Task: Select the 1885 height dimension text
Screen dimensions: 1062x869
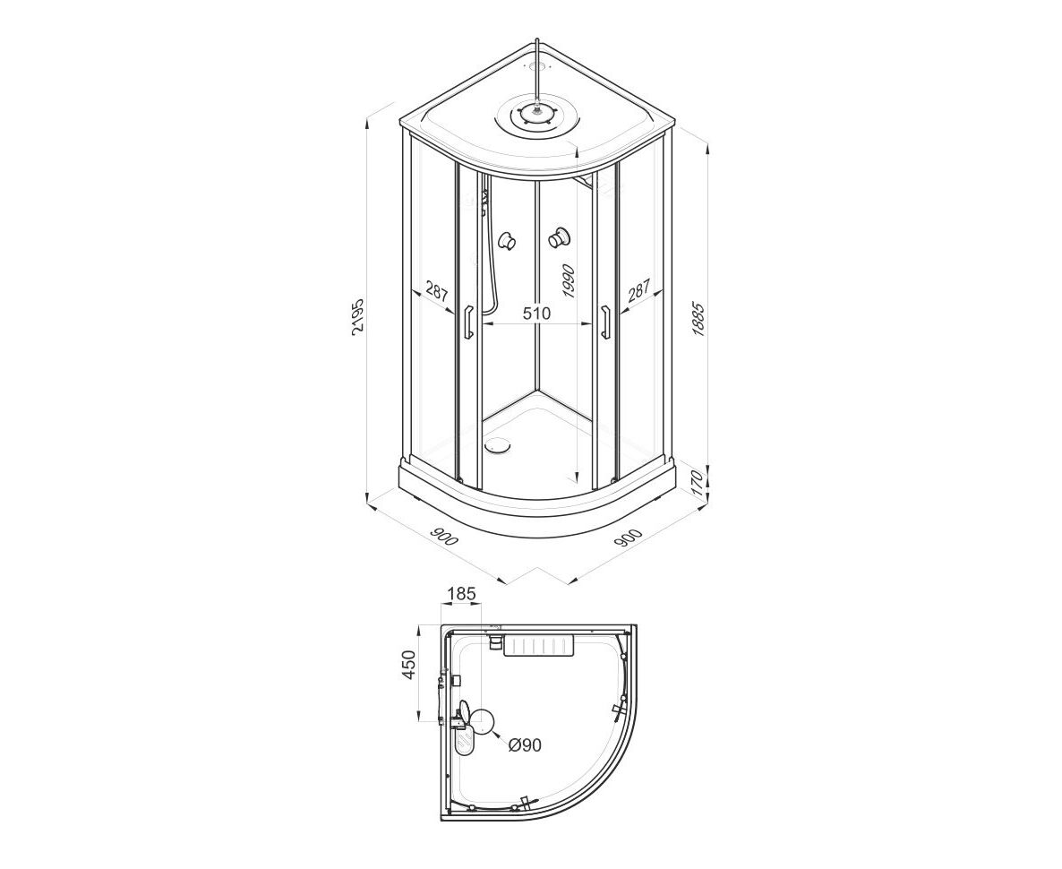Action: click(x=699, y=319)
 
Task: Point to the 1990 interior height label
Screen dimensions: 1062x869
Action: click(x=568, y=281)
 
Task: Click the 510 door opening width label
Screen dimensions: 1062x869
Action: click(x=536, y=314)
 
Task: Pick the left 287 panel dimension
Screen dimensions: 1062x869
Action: click(x=437, y=291)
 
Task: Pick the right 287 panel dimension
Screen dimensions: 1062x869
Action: click(x=638, y=290)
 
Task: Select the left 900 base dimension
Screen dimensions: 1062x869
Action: click(x=443, y=534)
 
